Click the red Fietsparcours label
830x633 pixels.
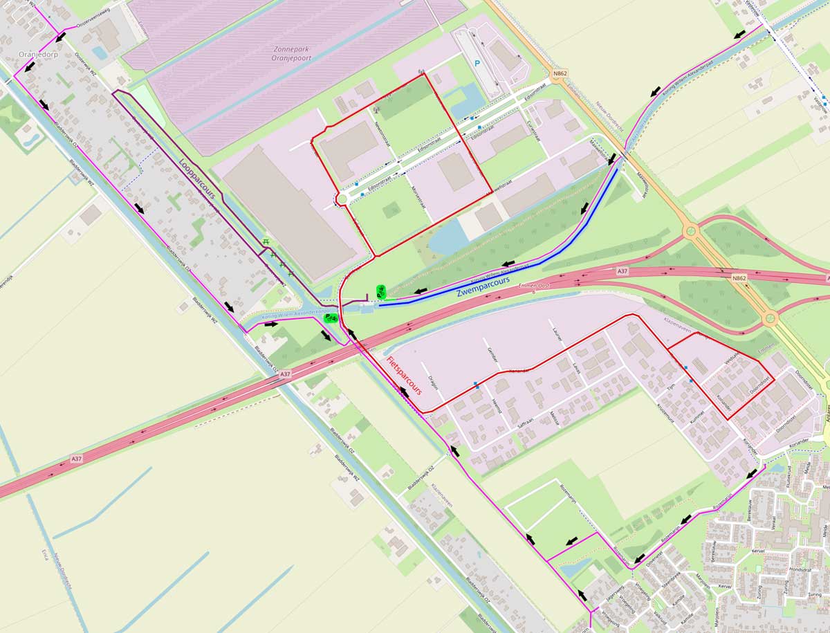(x=404, y=376)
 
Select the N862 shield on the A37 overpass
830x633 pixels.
(x=739, y=278)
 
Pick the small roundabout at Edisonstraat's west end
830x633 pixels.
(x=341, y=200)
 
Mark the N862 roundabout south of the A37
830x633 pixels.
(x=770, y=319)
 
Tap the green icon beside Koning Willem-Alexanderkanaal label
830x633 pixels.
(x=331, y=318)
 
